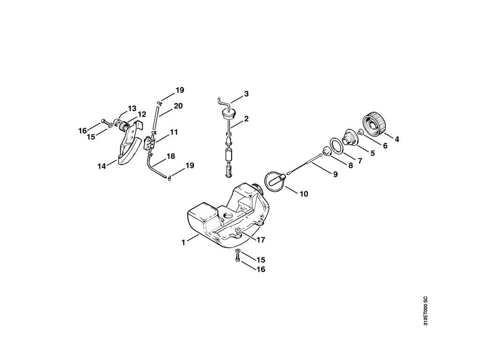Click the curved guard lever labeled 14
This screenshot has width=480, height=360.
126,149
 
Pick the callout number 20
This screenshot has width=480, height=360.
178,106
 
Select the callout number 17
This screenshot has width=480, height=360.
261,240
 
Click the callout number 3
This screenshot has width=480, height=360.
246,94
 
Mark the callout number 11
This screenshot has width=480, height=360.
173,133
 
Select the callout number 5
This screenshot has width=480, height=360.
373,152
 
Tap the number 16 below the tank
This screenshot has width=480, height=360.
261,270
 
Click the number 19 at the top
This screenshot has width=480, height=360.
180,90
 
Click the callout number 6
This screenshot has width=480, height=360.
385,145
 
